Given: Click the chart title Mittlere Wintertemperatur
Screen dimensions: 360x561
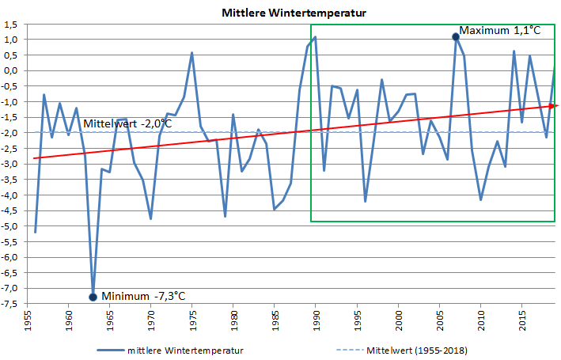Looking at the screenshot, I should [282, 13].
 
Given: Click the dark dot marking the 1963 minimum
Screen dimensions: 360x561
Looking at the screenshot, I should [93, 297].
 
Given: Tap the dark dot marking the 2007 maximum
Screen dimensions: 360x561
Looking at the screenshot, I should [456, 36].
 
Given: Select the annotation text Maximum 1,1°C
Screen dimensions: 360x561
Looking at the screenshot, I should [500, 31].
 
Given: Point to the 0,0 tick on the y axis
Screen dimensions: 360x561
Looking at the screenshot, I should [11, 70].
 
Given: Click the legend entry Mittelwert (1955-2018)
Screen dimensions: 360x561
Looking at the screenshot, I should [424, 350].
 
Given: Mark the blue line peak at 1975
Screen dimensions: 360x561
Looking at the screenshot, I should [192, 53].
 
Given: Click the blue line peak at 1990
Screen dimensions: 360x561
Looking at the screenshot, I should [315, 37].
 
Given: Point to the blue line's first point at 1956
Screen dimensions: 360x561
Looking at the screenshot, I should [36, 232].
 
